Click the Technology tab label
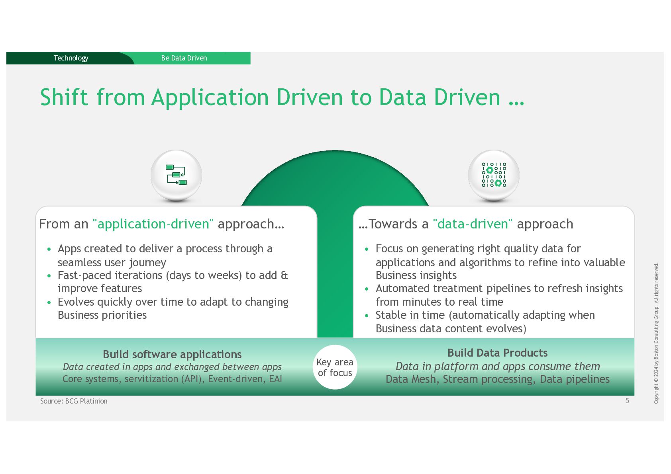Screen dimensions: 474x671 (x=71, y=58)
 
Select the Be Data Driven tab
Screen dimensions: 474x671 (x=184, y=58)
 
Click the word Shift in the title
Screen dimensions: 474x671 (x=64, y=97)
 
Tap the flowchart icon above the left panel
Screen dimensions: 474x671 (x=176, y=175)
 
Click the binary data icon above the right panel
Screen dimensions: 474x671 (x=494, y=175)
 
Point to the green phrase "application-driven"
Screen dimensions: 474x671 (x=153, y=224)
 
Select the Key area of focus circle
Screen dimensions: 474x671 (x=335, y=367)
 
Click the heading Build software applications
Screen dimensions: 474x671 (x=172, y=354)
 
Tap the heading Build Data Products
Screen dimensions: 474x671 (x=497, y=353)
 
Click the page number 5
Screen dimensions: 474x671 (x=627, y=401)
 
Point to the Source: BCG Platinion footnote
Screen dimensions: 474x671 (x=74, y=401)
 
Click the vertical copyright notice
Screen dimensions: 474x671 (x=656, y=333)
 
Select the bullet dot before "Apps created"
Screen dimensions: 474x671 (x=49, y=250)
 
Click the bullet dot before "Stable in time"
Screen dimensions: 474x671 (x=367, y=316)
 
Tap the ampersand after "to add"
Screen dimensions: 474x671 (x=284, y=275)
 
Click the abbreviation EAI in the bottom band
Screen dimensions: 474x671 (x=275, y=379)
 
